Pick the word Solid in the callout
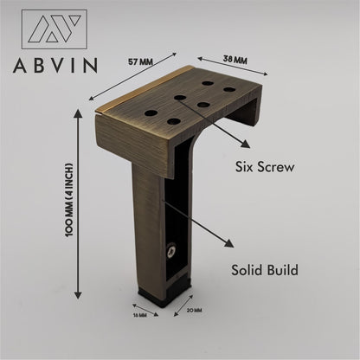tap(252, 269)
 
